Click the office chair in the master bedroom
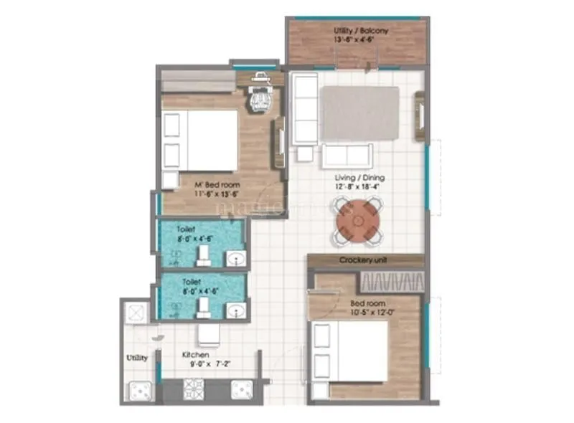point(258,99)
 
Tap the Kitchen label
point(195,354)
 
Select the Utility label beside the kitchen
point(138,357)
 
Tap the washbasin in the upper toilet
point(234,258)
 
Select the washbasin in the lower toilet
point(234,310)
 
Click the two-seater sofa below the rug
point(347,155)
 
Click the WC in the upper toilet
point(204,255)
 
